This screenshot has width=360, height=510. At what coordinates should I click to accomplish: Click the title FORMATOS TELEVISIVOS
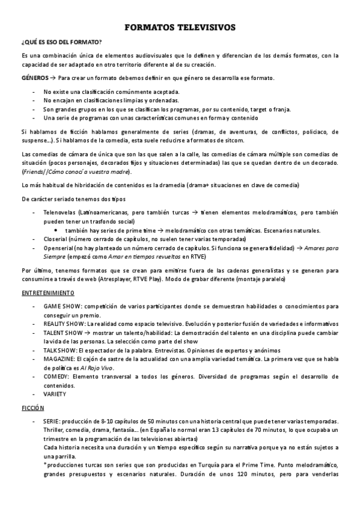[180, 28]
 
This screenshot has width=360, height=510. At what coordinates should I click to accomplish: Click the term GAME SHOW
[58, 306]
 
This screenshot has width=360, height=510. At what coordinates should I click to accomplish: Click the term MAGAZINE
[57, 359]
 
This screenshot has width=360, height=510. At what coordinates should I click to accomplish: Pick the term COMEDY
[55, 376]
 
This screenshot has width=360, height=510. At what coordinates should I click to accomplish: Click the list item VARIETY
[55, 394]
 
